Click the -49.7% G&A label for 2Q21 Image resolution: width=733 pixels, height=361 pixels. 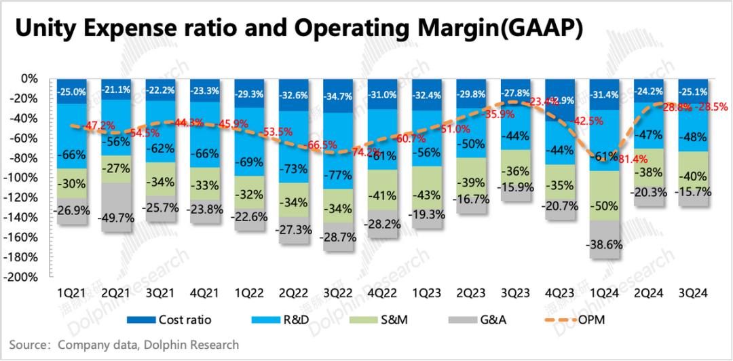pyautogui.click(x=115, y=217)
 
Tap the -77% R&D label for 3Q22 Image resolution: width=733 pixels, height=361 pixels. pyautogui.click(x=337, y=173)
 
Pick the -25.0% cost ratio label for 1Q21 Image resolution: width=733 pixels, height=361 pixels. pyautogui.click(x=71, y=92)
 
